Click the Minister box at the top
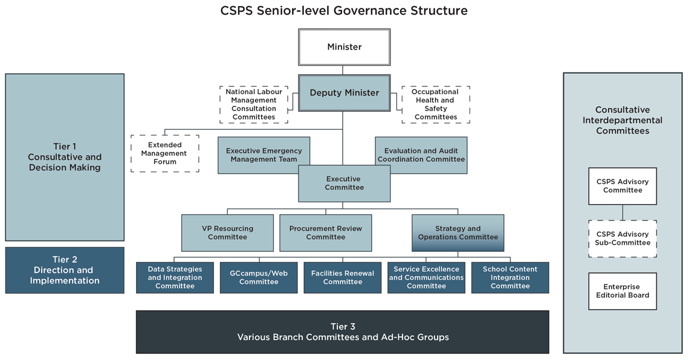(344, 47)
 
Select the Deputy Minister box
(344, 93)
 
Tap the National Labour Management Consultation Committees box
(254, 104)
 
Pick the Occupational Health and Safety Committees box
(435, 104)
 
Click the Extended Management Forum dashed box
(165, 153)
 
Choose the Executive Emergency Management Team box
(264, 155)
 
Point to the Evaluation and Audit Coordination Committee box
(421, 155)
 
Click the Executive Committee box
(343, 183)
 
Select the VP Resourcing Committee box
(227, 233)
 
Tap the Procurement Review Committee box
(325, 233)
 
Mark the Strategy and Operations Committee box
(458, 233)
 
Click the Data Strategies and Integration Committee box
(175, 277)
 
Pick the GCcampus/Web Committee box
(259, 277)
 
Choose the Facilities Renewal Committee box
(342, 277)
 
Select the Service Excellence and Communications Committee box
(426, 277)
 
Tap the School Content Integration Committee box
(510, 277)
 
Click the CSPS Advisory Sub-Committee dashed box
(623, 239)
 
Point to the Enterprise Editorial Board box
(623, 291)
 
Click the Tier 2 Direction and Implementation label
(65, 270)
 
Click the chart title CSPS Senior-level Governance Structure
(344, 11)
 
